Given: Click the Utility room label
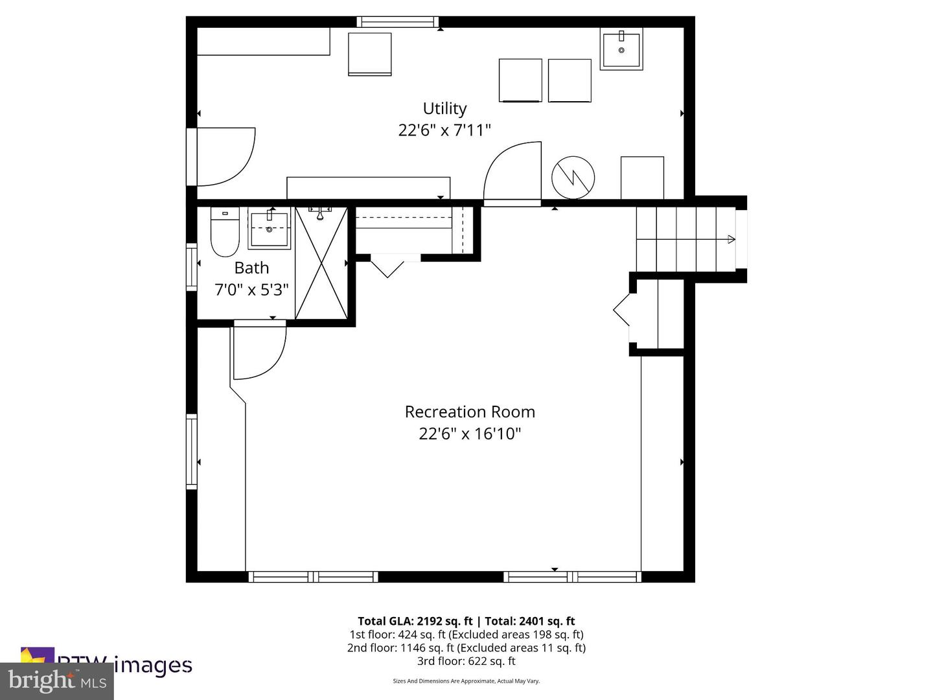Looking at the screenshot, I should point(444,108).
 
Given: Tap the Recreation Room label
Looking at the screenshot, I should point(470,412).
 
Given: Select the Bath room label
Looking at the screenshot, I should point(251,268).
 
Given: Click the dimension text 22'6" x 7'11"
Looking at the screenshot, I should point(444,130).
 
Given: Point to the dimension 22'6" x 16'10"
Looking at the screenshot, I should point(470,434).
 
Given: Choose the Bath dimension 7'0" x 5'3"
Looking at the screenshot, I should point(251,289).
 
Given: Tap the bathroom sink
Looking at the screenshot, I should point(269,229).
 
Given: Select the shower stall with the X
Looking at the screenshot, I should point(321,263).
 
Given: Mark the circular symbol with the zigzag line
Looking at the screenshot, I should point(573,177).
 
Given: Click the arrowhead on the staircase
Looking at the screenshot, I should point(731,239).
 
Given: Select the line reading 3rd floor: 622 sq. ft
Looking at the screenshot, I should point(466,661).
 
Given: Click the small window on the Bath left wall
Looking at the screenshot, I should point(191,265).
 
